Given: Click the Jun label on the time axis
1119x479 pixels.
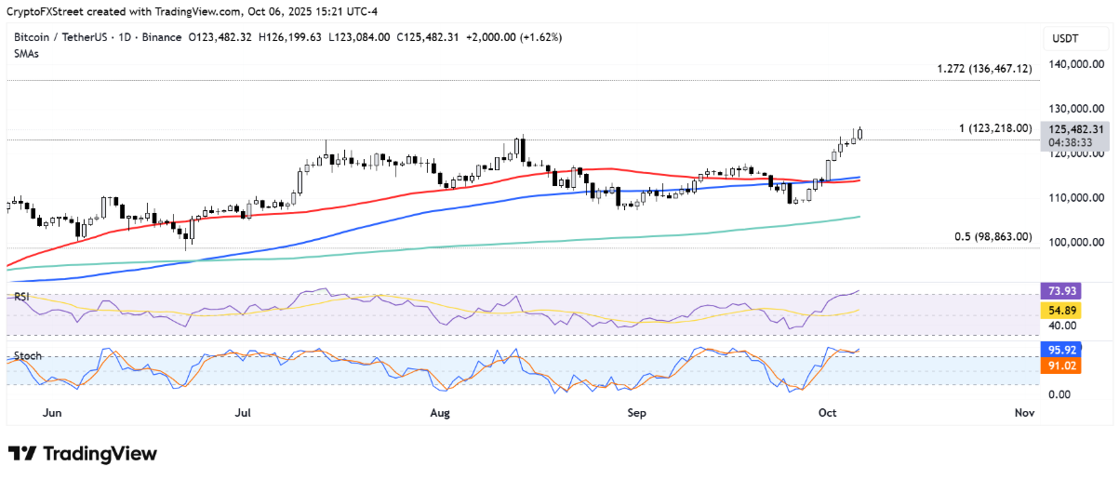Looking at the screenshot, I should tap(53, 412).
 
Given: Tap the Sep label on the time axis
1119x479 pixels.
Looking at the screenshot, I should tap(636, 412).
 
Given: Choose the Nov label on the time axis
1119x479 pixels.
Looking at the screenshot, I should tap(1024, 412).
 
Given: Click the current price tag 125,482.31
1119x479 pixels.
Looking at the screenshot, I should tap(1075, 130).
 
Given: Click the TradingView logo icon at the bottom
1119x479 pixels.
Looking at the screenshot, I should tap(22, 454).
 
